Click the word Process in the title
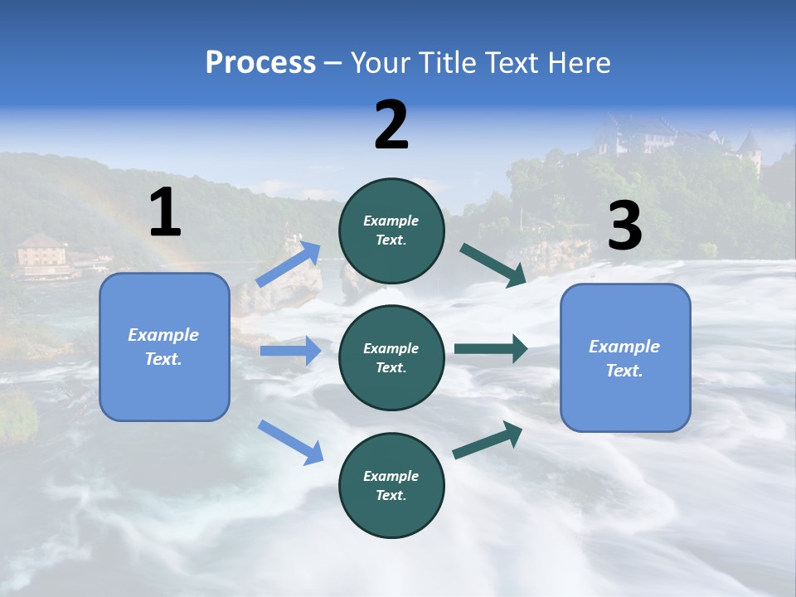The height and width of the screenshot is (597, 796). pyautogui.click(x=260, y=62)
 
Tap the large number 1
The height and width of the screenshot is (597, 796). pyautogui.click(x=165, y=212)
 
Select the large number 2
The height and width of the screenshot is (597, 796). pyautogui.click(x=391, y=125)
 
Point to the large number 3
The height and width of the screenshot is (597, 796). pyautogui.click(x=624, y=226)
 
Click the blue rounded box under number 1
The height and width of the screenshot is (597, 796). pyautogui.click(x=164, y=347)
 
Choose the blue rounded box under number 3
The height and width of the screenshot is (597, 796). pyautogui.click(x=625, y=357)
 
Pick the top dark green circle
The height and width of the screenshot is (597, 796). pyautogui.click(x=391, y=231)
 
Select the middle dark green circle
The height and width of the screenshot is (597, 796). pyautogui.click(x=391, y=357)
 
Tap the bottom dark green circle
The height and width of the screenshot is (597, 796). pyautogui.click(x=391, y=485)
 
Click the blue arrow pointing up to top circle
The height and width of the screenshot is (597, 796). pyautogui.click(x=289, y=265)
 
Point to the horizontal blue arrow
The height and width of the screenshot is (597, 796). pyautogui.click(x=290, y=351)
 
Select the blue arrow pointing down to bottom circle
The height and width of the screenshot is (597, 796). pyautogui.click(x=290, y=441)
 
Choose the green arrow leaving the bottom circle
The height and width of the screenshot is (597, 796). pyautogui.click(x=488, y=439)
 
